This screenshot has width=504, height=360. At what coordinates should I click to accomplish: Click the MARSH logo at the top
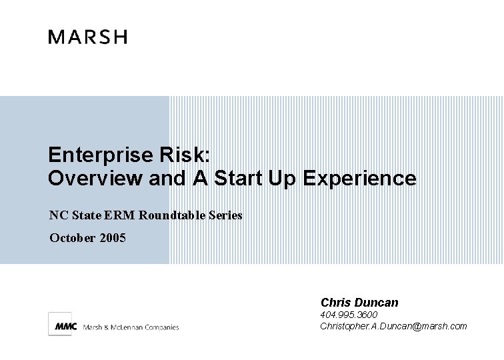click(87, 37)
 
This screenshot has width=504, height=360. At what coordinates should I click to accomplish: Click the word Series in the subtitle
click(226, 215)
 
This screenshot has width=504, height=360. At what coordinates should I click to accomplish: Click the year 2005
click(112, 237)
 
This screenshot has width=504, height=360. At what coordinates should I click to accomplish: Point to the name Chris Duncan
click(359, 303)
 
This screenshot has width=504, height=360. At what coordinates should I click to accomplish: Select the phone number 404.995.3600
click(349, 315)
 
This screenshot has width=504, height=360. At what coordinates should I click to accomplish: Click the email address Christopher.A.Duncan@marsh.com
click(393, 326)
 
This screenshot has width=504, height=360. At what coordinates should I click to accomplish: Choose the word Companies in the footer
click(162, 327)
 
